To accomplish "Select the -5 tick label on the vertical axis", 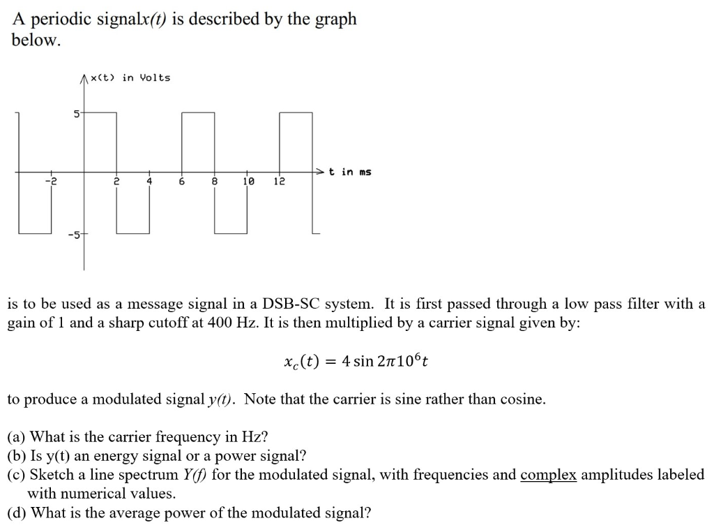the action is pyautogui.click(x=74, y=235).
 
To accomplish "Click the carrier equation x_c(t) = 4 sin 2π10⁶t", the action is pyautogui.click(x=356, y=362).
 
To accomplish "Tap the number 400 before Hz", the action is pyautogui.click(x=221, y=325).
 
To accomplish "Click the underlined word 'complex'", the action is pyautogui.click(x=548, y=476).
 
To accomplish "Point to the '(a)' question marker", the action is pyautogui.click(x=17, y=438).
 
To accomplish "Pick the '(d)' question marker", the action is pyautogui.click(x=17, y=514).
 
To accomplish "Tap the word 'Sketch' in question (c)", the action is pyautogui.click(x=48, y=476).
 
